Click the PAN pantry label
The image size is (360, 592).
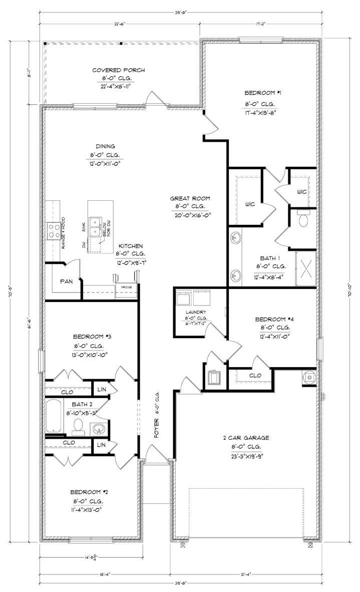point(67,281)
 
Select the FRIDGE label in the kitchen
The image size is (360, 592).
point(124,286)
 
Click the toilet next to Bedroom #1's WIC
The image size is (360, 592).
point(302,219)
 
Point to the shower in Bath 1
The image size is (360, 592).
point(305,268)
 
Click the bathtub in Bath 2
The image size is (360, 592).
point(54,416)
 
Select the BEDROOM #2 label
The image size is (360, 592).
point(89,491)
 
